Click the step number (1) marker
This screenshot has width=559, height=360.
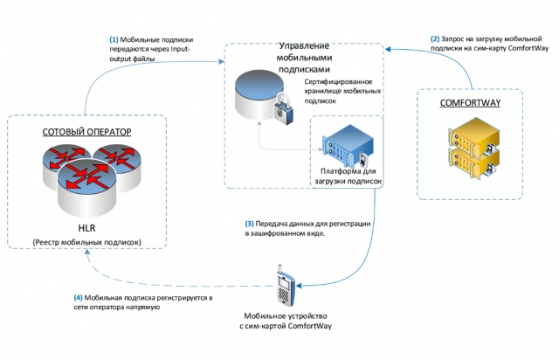coord(114,39)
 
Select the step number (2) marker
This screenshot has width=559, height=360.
coord(435,39)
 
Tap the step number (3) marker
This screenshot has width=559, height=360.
coord(249,224)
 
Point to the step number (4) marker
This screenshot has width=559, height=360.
coord(78,298)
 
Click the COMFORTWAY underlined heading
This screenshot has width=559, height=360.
coord(470,103)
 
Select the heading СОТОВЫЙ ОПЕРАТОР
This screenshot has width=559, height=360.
coord(87,132)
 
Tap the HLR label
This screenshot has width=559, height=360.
coord(86,228)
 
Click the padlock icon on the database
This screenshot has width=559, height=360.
coord(283,109)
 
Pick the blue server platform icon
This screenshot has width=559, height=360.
coord(348,146)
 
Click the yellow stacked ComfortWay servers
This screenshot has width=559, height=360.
coord(473,148)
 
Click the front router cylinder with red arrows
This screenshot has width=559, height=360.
coord(87,187)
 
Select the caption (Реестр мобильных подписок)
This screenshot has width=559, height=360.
coord(87,242)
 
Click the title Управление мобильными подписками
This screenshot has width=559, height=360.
coord(304,58)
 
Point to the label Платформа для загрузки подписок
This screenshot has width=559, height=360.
coord(348,176)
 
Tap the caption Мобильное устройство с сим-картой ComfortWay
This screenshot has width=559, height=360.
coord(286,321)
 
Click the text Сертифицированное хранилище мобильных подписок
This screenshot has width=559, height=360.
coord(342,92)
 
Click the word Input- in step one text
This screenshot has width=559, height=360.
coord(181,49)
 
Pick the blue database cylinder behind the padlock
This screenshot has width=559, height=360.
coord(259,94)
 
